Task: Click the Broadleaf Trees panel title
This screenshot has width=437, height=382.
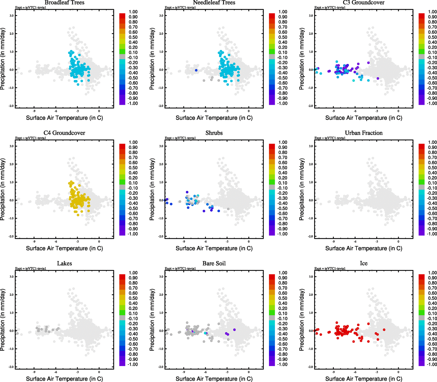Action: tap(64, 3)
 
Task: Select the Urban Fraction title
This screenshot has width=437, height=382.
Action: tap(363, 133)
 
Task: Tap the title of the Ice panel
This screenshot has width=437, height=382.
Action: tap(363, 263)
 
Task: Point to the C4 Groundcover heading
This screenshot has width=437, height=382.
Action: tap(64, 133)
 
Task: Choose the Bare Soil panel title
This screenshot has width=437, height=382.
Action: tap(214, 263)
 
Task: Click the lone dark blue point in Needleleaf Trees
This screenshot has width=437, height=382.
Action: tap(196, 70)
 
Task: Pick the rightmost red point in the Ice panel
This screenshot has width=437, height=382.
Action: tap(384, 330)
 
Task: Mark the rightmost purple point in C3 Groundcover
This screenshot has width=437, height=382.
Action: tap(378, 78)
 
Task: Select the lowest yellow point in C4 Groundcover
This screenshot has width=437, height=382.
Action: tap(78, 215)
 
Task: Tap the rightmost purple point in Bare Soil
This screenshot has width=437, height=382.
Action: tap(234, 330)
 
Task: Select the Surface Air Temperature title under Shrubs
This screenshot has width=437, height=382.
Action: tap(214, 248)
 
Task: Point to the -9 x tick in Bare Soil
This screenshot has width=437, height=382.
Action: tap(184, 371)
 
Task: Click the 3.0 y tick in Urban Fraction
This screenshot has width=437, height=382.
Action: tap(311, 146)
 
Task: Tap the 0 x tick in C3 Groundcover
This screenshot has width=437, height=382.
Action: tap(398, 111)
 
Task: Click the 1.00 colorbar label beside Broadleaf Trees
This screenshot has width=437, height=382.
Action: tap(133, 12)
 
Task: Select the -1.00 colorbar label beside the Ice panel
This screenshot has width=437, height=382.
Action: tap(432, 364)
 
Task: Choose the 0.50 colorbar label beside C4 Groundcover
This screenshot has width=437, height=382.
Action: tap(133, 168)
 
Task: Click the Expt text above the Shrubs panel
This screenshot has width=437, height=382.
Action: tap(180, 138)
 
